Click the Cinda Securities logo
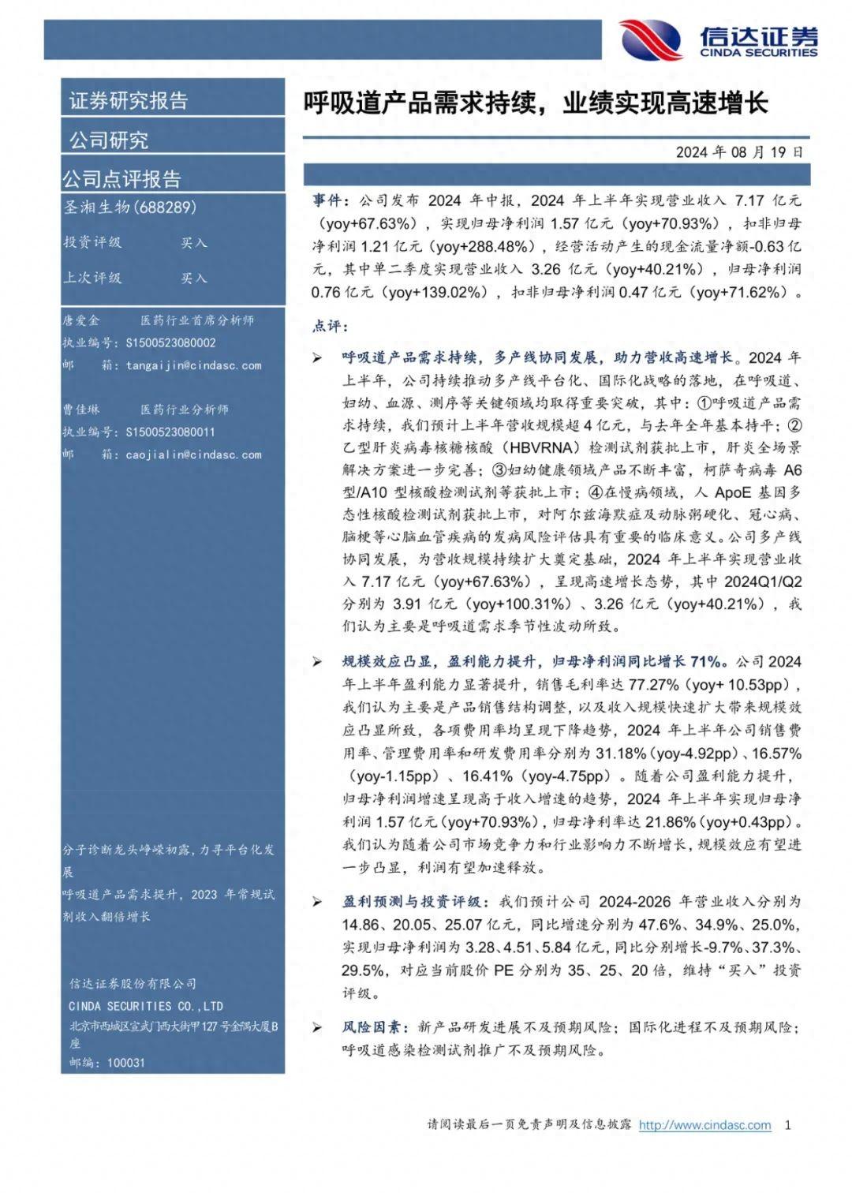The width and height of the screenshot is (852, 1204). [x=718, y=39]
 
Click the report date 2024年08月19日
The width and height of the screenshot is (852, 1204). [x=739, y=151]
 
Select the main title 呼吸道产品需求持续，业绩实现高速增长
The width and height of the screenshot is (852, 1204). [x=536, y=103]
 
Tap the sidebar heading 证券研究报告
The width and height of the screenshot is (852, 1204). [x=129, y=101]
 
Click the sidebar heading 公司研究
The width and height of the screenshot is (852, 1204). [x=109, y=140]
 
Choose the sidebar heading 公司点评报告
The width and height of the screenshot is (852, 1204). [x=122, y=179]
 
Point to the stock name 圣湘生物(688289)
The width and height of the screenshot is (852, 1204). [x=130, y=208]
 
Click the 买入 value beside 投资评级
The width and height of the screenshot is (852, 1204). [x=193, y=243]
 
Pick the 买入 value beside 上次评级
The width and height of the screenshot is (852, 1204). [x=193, y=279]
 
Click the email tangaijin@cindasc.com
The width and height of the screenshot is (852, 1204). [x=193, y=365]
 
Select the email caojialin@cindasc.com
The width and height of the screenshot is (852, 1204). [x=193, y=454]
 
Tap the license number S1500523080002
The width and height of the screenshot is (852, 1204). [x=170, y=343]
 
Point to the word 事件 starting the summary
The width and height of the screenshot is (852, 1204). [x=327, y=201]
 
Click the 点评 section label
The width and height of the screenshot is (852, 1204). [x=329, y=326]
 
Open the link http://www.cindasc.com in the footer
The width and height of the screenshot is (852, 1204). [x=704, y=1124]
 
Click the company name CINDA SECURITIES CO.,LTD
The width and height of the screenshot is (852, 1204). [x=146, y=1006]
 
